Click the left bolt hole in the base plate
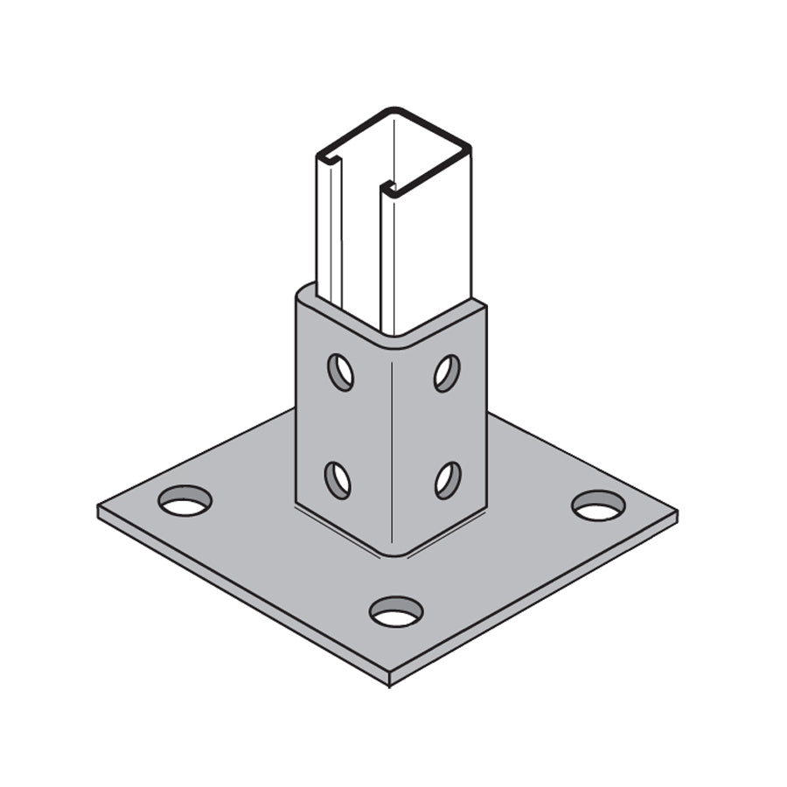coord(185,501)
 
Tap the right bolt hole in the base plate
coord(598,505)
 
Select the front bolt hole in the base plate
coord(396,612)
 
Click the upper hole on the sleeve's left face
coord(340,372)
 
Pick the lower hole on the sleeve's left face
coord(338,480)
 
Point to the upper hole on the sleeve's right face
coord(447,373)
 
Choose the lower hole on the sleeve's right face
coord(448,480)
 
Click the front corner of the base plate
coord(389,679)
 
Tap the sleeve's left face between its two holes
coord(339,426)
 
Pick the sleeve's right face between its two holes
coord(447,426)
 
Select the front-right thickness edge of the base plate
coord(533,603)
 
